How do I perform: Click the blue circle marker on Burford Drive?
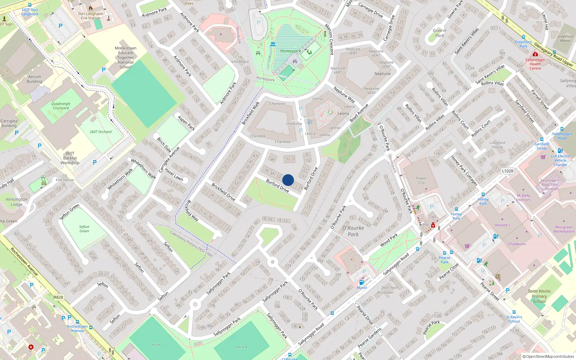tap(288, 180)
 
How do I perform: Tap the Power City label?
tap(421, 180)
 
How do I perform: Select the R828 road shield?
tap(58, 297)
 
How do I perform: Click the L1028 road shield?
tap(508, 171)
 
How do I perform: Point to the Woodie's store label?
tap(502, 225)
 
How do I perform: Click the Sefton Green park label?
tap(84, 229)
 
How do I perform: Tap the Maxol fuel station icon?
tap(361, 283)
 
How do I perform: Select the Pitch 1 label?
tap(157, 345)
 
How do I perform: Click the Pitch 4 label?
tap(242, 347)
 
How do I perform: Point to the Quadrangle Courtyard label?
tap(61, 106)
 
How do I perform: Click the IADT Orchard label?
tap(101, 132)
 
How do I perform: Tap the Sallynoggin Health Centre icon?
tap(535, 54)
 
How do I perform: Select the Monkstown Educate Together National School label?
tap(125, 58)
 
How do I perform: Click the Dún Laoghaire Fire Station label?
tap(90, 16)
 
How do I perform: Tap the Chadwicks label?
tap(517, 244)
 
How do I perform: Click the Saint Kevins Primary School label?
tap(539, 296)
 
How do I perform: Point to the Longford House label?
tap(497, 145)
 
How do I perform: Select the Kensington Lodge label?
tap(16, 202)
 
